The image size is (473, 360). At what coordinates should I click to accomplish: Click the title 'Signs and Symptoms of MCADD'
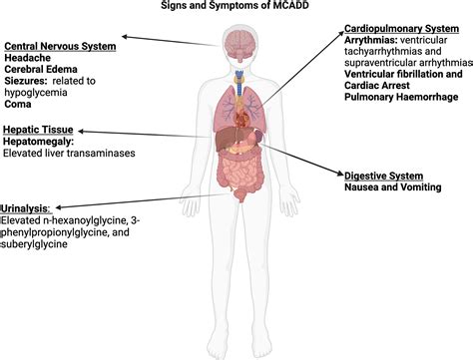(236, 6)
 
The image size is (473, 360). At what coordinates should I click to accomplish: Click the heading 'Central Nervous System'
(60, 46)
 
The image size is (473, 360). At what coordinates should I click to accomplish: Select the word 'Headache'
(29, 59)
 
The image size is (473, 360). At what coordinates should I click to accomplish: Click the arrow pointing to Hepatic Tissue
(140, 131)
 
